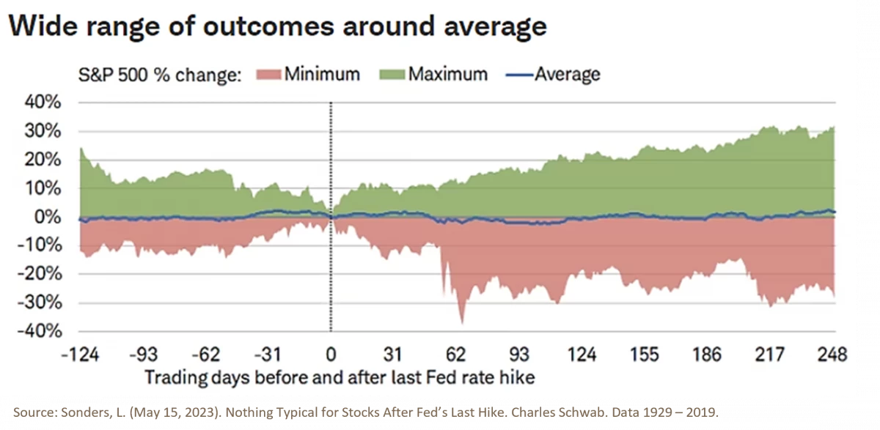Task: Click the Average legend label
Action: (567, 74)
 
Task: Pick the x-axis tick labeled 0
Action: (331, 355)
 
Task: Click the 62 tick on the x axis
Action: (455, 355)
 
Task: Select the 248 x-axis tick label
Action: (832, 355)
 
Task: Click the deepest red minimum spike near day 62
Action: (461, 320)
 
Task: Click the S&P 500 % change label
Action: (160, 75)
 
